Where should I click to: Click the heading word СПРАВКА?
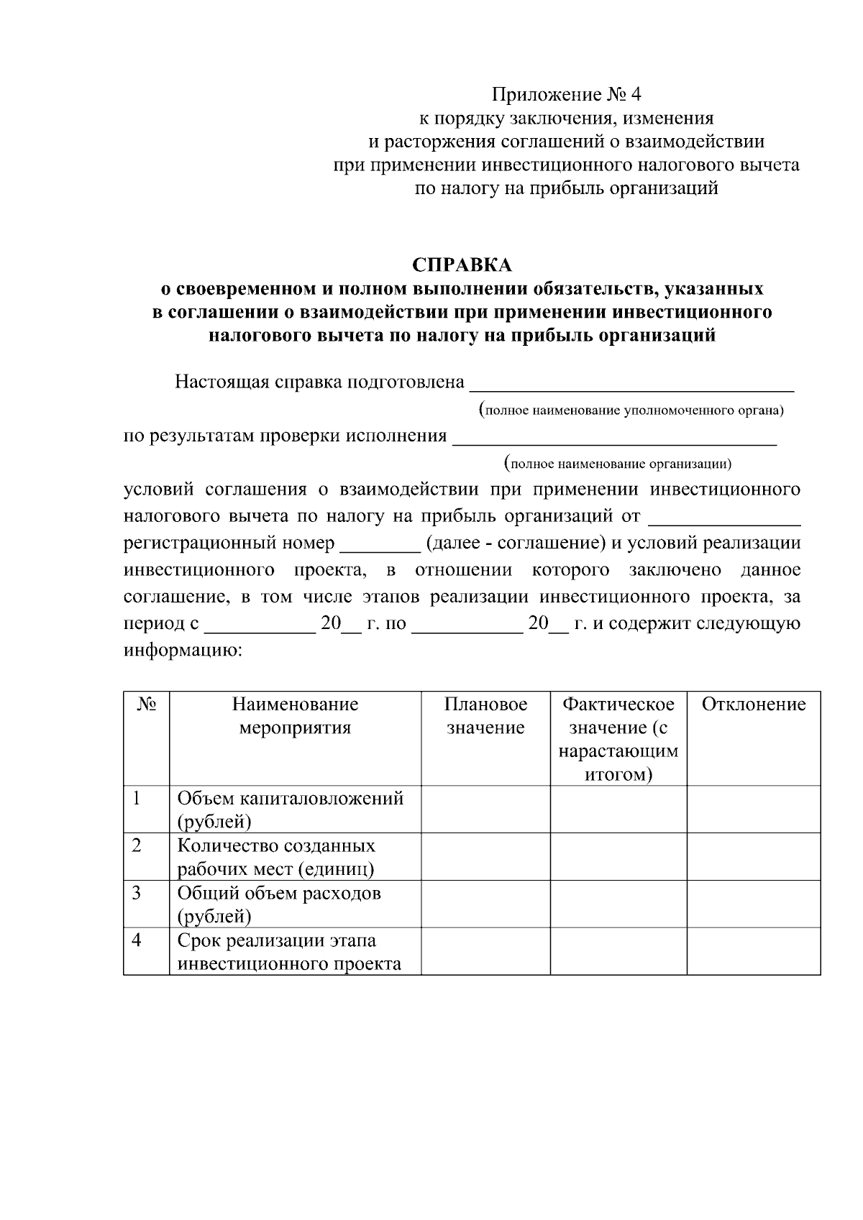462,265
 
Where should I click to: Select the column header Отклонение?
753,705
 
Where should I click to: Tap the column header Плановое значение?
485,716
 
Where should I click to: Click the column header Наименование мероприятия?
295,716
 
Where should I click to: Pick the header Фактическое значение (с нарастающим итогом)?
618,739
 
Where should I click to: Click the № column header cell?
146,705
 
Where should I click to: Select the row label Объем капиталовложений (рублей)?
290,809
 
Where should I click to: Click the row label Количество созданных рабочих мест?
276,856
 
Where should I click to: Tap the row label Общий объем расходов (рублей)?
279,904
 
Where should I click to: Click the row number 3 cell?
146,904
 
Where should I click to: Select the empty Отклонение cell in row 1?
753,809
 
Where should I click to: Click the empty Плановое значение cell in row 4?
485,951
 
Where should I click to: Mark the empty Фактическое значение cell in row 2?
618,856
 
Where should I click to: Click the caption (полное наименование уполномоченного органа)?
631,411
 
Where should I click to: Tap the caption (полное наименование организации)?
618,464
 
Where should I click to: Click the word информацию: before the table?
183,651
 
